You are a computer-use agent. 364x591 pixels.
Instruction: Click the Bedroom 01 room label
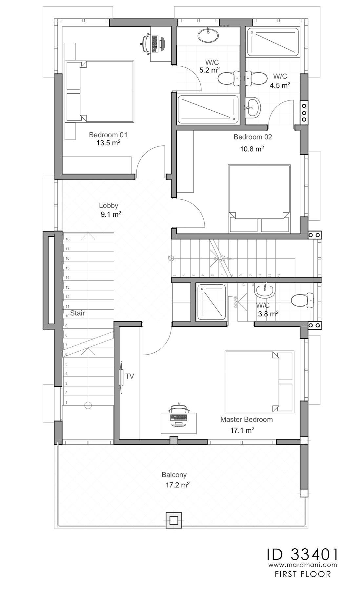coord(108,135)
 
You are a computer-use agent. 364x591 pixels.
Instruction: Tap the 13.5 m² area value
coord(108,143)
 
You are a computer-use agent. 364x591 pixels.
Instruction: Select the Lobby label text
coord(109,206)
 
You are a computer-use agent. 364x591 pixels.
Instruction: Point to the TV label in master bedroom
coord(130,376)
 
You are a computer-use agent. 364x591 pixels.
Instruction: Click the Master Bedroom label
coord(246,419)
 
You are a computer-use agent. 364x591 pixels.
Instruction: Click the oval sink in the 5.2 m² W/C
coord(208,35)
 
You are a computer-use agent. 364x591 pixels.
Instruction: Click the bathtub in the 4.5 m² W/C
coord(273,42)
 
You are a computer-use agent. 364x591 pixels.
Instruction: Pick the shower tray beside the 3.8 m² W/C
coord(212,302)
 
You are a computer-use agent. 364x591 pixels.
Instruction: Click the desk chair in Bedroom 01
coord(146,43)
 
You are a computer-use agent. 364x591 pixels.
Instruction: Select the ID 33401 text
coord(302,554)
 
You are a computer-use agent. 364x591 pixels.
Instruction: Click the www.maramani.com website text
coord(302,565)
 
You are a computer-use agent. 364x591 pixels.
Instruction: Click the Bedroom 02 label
coord(253,137)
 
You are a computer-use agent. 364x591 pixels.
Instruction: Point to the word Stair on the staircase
coord(77,313)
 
